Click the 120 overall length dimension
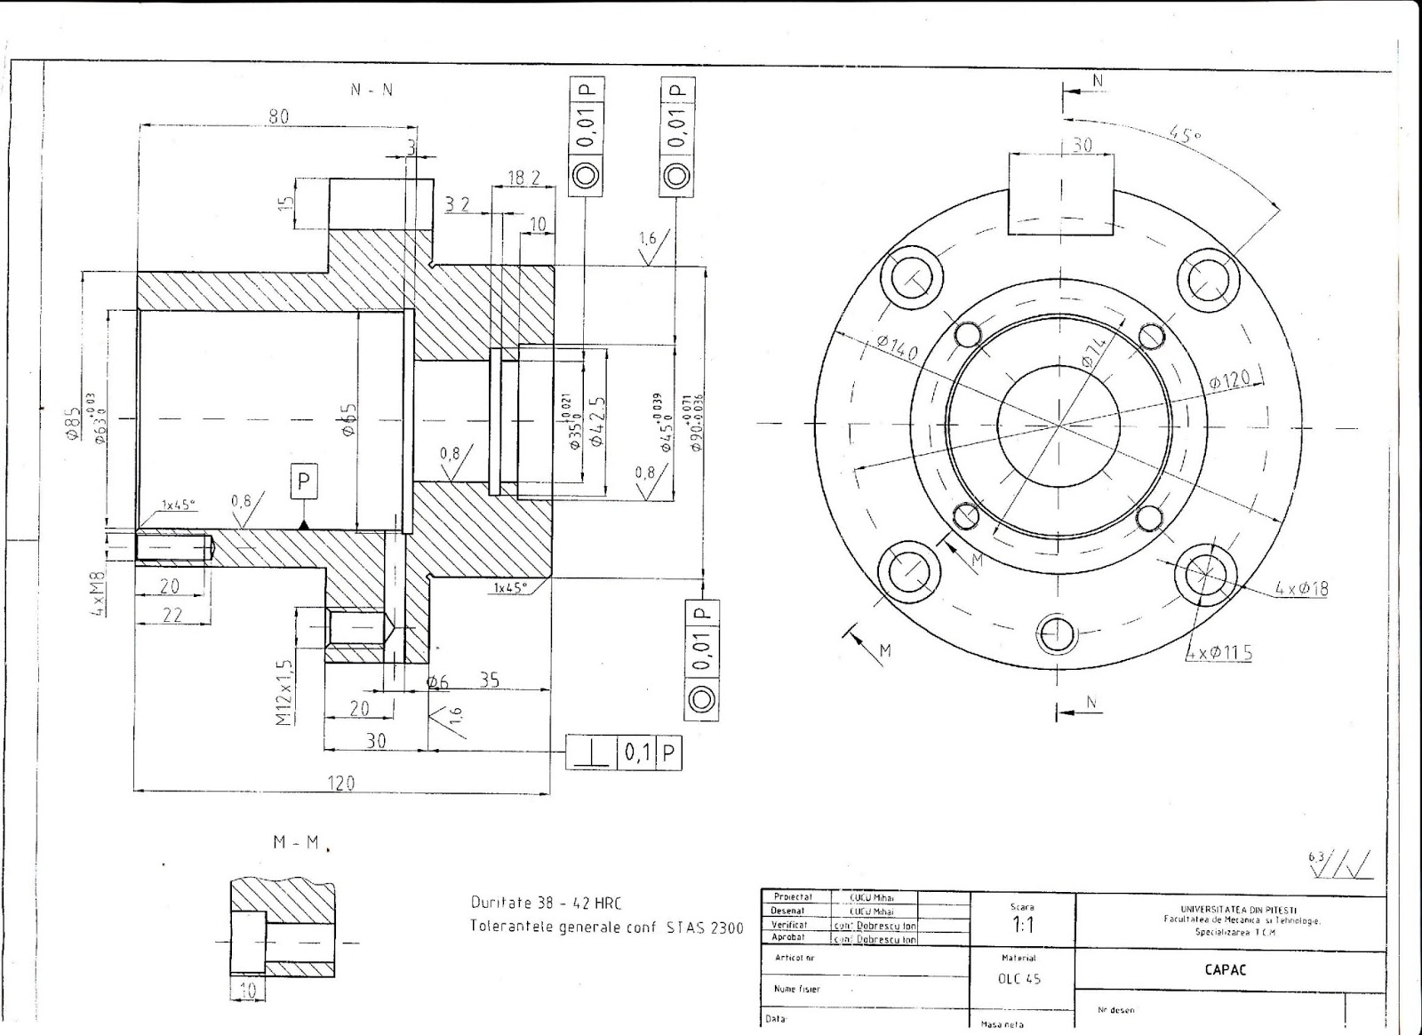click(341, 783)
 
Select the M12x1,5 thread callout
click(284, 692)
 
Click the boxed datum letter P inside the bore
click(303, 482)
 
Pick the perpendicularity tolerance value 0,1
click(637, 753)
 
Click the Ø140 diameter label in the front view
click(896, 347)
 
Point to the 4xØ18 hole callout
click(1301, 588)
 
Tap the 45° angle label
click(1185, 135)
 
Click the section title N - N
click(371, 90)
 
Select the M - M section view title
click(296, 842)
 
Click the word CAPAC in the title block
click(1226, 969)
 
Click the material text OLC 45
click(1019, 979)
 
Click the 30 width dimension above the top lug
click(1082, 144)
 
